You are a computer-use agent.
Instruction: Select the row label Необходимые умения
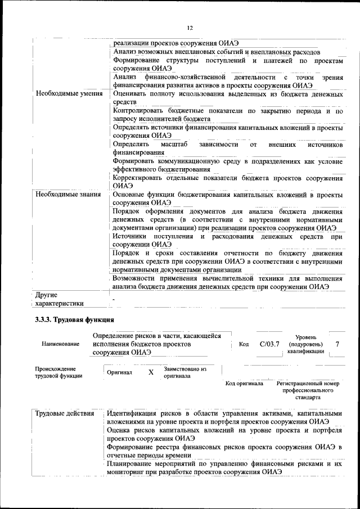(69, 94)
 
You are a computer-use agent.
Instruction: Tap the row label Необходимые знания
(68, 195)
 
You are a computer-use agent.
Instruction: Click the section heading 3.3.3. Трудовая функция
(74, 319)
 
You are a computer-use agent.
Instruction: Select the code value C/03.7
(269, 344)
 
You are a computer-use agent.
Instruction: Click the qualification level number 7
(337, 344)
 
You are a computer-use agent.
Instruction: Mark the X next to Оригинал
(150, 372)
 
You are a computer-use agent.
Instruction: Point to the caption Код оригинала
(244, 384)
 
